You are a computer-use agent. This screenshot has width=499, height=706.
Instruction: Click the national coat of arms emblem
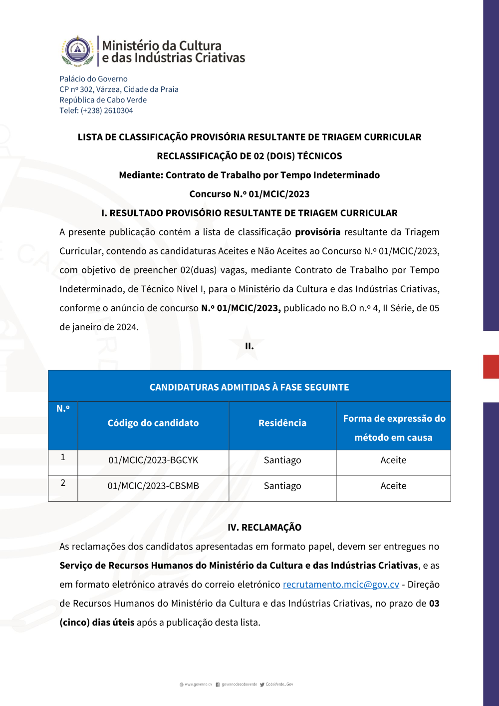tap(77, 50)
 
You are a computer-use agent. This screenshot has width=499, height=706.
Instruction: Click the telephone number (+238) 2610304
tap(107, 110)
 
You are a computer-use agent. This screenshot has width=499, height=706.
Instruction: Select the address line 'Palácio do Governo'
tap(93, 79)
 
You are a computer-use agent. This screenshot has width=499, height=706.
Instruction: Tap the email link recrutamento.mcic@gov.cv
tap(341, 585)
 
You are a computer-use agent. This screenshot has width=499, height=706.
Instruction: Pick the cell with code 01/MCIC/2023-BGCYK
tap(153, 460)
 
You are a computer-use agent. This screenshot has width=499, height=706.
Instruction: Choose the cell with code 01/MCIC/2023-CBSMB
tap(153, 486)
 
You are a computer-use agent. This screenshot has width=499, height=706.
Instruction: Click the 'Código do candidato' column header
tap(153, 423)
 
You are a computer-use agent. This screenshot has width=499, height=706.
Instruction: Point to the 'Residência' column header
tap(282, 423)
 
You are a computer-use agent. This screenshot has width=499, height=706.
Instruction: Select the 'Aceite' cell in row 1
tap(393, 460)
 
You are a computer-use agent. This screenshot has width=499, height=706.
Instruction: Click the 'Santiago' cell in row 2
tap(282, 486)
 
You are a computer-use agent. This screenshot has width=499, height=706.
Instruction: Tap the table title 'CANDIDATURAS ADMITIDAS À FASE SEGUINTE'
tap(249, 387)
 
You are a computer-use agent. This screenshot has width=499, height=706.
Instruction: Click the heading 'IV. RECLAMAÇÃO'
tap(264, 528)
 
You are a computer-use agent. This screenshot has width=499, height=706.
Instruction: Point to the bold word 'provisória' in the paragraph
tap(318, 232)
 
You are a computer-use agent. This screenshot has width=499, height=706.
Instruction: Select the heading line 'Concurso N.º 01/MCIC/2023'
tap(249, 194)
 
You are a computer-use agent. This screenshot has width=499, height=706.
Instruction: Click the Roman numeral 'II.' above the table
tap(249, 346)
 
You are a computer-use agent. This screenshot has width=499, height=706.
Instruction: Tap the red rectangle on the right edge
tap(491, 366)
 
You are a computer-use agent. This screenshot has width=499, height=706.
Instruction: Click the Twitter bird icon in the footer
tap(262, 685)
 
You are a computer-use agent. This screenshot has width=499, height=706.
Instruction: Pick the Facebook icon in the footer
tap(218, 685)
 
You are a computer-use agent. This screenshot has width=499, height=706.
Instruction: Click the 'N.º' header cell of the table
tap(63, 409)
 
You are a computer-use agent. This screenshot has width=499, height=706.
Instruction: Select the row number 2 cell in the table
tap(63, 483)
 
